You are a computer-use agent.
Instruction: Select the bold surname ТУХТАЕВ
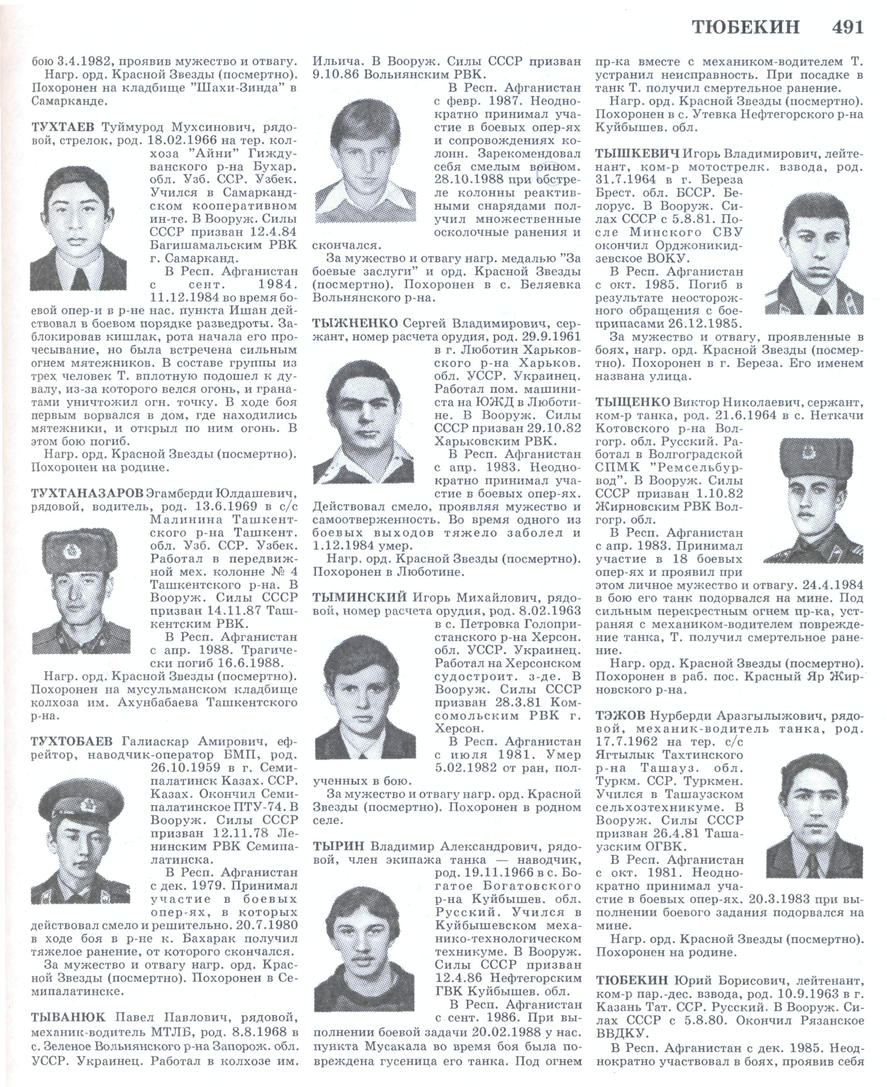pos(64,127)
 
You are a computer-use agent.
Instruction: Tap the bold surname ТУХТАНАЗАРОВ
pos(87,494)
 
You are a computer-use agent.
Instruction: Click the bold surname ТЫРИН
pos(338,846)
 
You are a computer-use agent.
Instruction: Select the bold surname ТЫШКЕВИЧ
pos(637,153)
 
